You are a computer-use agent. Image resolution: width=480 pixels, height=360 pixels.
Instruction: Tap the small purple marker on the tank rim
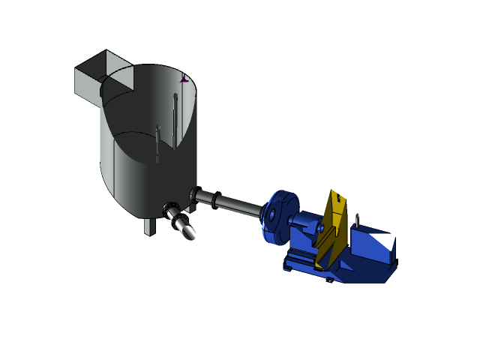point(184,78)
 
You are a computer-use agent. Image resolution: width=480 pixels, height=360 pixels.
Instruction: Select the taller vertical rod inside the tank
point(175,120)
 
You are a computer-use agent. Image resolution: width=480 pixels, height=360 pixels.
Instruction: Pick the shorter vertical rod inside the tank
point(157,142)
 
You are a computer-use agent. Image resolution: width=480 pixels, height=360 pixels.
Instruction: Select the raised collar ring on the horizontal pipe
point(215,199)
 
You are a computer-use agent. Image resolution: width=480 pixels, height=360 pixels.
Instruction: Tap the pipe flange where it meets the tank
point(193,196)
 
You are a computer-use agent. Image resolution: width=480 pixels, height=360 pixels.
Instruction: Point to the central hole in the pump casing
point(271,216)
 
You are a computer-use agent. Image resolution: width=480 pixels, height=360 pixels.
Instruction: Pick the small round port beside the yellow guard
point(321,228)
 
